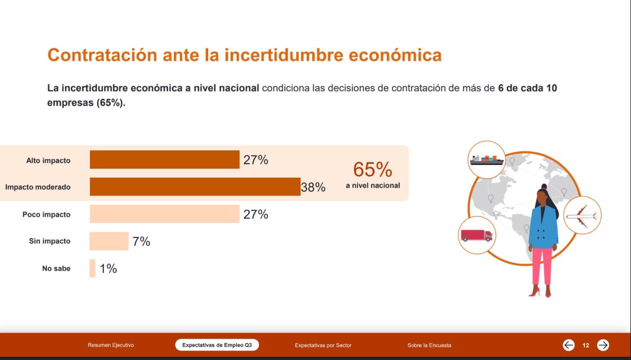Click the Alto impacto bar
(165, 160)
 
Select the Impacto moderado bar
(195, 187)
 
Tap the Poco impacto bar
(165, 214)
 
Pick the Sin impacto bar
(109, 241)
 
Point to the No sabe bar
(92, 269)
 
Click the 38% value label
(313, 187)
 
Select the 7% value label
(141, 241)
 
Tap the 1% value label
(108, 269)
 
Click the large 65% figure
(372, 169)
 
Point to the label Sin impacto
(50, 241)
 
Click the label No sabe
(56, 269)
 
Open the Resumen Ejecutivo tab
(111, 345)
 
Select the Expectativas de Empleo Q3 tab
(217, 345)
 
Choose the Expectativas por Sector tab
(323, 345)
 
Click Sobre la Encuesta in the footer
(429, 345)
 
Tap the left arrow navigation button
(568, 345)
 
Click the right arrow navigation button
(603, 345)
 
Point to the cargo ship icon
(487, 160)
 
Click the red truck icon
(477, 235)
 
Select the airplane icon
(582, 216)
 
